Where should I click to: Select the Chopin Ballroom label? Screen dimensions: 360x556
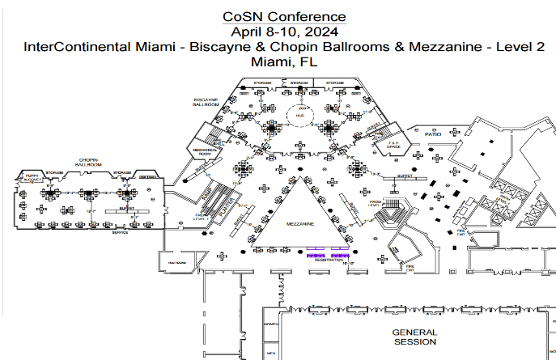click(x=88, y=163)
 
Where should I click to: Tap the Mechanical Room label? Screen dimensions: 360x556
click(x=201, y=150)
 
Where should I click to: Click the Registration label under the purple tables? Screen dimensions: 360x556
click(x=329, y=260)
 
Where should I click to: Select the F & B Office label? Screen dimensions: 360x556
click(x=394, y=146)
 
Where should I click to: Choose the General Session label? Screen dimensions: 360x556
click(x=414, y=337)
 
